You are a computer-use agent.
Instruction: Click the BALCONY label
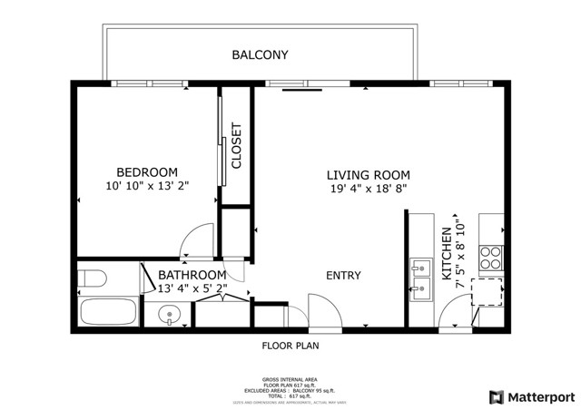click(x=260, y=55)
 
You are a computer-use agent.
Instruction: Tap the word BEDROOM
click(x=146, y=172)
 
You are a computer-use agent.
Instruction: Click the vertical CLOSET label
click(x=237, y=146)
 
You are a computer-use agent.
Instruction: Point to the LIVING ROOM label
click(x=369, y=175)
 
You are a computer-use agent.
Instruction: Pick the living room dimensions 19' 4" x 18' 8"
click(x=369, y=190)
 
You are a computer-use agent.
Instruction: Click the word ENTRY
click(x=343, y=276)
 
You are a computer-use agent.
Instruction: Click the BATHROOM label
click(x=192, y=275)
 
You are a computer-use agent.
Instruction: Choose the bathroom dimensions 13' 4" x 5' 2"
click(x=192, y=289)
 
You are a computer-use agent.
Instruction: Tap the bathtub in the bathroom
click(x=106, y=314)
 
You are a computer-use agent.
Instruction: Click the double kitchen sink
click(x=421, y=280)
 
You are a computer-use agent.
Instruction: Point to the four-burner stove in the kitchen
click(x=491, y=258)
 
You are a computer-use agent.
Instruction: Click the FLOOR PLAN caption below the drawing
click(x=290, y=346)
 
